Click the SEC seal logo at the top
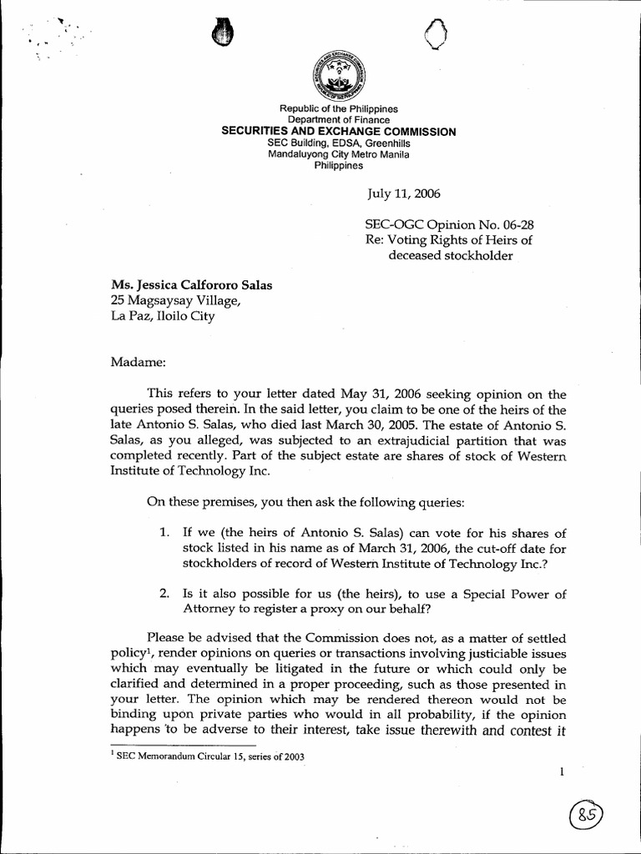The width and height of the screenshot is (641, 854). [x=338, y=76]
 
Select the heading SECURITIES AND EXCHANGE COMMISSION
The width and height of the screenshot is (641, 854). [x=338, y=132]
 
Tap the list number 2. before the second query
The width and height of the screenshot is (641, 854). [x=165, y=594]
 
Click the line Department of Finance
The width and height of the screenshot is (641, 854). [x=338, y=120]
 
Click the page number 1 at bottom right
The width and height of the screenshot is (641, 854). [x=563, y=772]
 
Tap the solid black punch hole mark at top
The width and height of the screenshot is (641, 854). [x=220, y=33]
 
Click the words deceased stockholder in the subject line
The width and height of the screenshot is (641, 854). [x=450, y=255]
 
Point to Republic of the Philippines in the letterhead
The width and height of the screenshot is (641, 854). [x=338, y=109]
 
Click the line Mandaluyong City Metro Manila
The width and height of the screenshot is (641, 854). [x=338, y=154]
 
